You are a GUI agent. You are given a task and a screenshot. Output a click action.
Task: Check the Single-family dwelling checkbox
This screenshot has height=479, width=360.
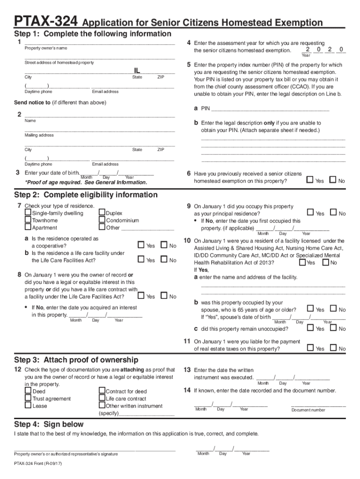(x=28, y=213)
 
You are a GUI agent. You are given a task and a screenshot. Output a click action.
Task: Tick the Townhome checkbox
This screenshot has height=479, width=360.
(x=28, y=220)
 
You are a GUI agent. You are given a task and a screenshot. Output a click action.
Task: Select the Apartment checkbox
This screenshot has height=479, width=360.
(x=28, y=228)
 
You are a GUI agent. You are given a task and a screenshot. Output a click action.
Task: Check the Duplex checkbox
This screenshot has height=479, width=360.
(x=102, y=213)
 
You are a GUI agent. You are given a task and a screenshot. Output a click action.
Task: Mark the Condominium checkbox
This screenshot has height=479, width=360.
(x=102, y=220)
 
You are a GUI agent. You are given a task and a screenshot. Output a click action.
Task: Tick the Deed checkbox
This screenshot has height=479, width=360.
(x=28, y=391)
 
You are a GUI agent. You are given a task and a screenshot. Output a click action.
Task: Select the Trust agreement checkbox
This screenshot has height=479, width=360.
(x=28, y=399)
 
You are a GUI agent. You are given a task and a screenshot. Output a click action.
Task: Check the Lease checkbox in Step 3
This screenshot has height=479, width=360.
(x=28, y=406)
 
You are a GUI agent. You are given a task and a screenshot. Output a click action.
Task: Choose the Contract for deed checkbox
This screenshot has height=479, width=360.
(x=102, y=391)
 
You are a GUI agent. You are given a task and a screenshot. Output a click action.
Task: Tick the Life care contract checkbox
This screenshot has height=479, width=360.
(x=102, y=399)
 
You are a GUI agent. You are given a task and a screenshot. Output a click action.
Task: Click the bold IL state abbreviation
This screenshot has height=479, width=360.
(x=137, y=71)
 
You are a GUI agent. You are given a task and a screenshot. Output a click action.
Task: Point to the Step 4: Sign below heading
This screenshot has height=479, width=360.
(x=49, y=425)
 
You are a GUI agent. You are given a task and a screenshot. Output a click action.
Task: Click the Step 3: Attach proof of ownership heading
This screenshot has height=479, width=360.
(x=76, y=360)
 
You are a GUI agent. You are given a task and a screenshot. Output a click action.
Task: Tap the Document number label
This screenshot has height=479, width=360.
(x=308, y=410)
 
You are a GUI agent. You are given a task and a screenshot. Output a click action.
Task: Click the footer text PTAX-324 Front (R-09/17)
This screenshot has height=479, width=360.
(x=38, y=464)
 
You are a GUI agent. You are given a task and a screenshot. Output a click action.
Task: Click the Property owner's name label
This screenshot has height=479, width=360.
(x=46, y=48)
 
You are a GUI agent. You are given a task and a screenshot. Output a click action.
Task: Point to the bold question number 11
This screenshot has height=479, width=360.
(x=187, y=341)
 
